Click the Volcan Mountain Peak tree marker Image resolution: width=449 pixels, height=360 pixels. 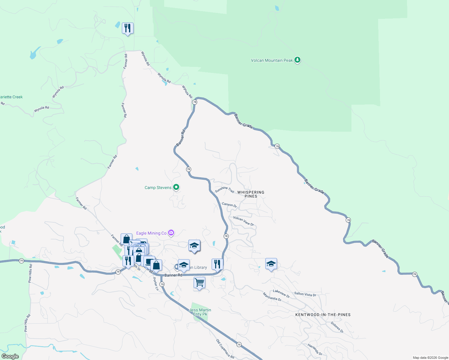point(297,60)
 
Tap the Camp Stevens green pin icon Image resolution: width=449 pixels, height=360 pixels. point(176,187)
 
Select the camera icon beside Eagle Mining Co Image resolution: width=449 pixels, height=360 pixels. point(171,233)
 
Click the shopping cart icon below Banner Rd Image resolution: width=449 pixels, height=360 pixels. point(199,282)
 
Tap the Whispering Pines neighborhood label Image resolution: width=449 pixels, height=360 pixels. point(251,194)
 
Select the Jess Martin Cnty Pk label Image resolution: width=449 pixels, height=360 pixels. point(200,312)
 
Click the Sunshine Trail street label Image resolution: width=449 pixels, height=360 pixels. point(224,189)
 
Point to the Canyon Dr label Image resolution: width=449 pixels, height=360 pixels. point(229,205)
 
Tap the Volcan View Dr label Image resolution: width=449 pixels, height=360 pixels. point(243,221)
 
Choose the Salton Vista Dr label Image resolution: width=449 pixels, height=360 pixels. point(305,294)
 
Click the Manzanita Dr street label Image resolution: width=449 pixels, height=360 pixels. point(272,297)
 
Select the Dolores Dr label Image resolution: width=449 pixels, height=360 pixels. point(337,327)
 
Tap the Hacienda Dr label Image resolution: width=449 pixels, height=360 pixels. point(315,349)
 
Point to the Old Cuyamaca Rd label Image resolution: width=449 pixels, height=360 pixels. point(225,349)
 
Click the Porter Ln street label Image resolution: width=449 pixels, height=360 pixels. point(156,284)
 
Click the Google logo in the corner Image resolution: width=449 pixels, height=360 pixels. point(10,356)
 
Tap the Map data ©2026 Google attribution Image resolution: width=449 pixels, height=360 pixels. point(430,358)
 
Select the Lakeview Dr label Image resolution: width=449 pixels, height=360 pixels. point(281,294)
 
